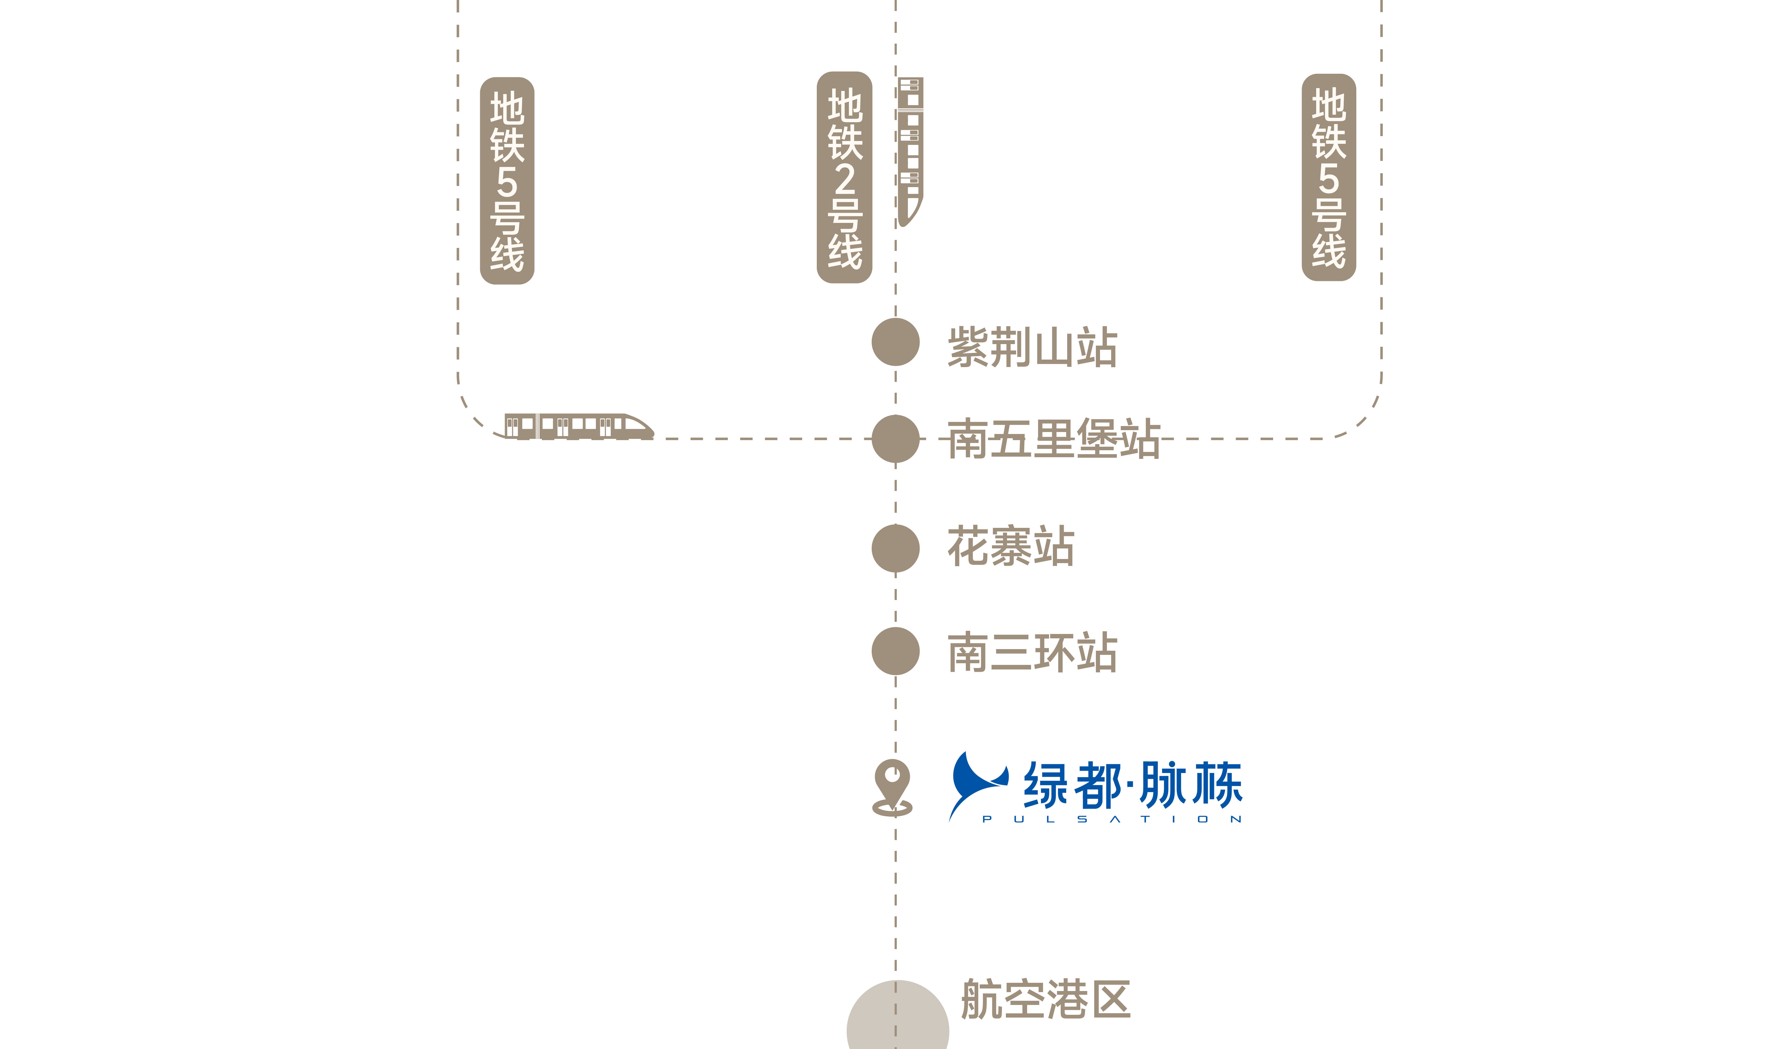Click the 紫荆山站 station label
[x=1032, y=347]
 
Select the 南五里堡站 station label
[x=1053, y=438]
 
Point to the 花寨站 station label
[x=1011, y=546]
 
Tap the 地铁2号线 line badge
[x=845, y=178]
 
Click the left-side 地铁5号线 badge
[x=507, y=181]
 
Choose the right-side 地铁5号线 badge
[x=1329, y=178]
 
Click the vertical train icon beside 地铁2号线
[x=911, y=151]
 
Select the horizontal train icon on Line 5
[x=578, y=426]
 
